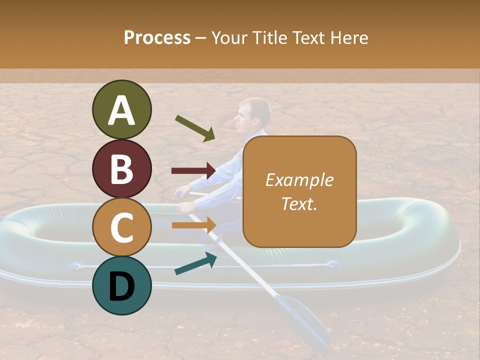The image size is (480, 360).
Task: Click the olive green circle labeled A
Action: point(121,109)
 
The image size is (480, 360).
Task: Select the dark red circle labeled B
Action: point(121,168)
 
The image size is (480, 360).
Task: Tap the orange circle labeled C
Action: point(121,227)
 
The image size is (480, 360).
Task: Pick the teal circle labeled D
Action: point(121,285)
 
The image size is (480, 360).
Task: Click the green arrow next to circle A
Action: point(195,127)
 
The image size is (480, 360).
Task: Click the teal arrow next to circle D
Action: point(195,263)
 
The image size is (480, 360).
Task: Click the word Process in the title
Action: point(157,37)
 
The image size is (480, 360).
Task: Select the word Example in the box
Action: point(299,180)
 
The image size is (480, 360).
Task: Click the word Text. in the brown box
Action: point(299,203)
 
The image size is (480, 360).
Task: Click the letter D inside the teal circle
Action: point(121,286)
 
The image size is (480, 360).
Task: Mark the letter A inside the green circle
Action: point(121,110)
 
